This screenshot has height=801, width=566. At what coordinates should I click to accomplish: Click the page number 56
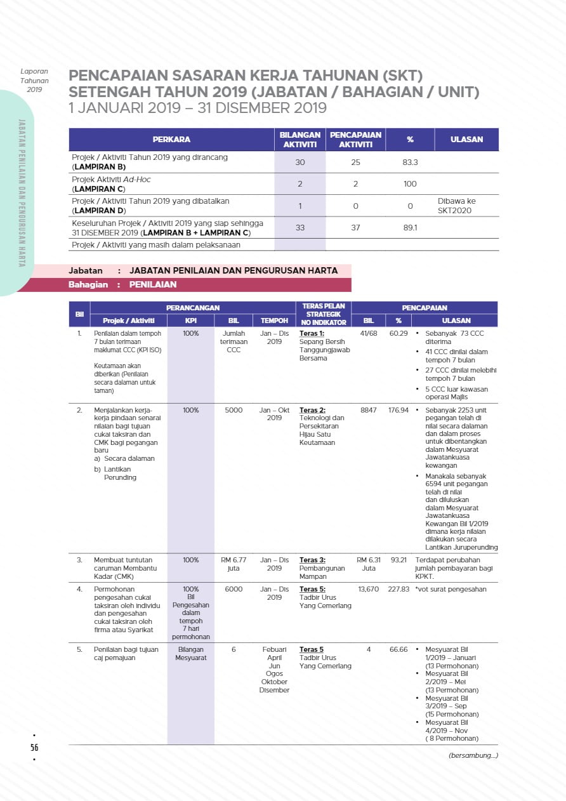34,747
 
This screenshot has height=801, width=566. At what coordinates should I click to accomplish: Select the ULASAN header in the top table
466,140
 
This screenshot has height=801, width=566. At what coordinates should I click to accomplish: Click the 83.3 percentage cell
410,162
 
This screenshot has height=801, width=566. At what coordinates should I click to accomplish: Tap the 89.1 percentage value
410,227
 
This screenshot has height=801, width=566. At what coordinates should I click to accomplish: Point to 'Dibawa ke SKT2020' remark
456,206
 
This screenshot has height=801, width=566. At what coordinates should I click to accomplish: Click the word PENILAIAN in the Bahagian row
153,285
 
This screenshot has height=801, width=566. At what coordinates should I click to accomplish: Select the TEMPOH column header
274,321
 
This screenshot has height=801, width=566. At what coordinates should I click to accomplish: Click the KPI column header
190,321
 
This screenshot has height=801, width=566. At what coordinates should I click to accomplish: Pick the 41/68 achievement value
368,333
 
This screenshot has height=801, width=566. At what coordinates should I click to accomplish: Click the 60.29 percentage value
398,333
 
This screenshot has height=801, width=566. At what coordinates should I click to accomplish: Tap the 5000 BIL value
234,410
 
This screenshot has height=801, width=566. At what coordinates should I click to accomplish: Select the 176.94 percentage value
398,410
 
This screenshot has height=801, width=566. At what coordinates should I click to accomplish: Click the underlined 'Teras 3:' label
312,560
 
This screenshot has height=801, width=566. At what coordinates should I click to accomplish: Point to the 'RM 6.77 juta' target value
234,564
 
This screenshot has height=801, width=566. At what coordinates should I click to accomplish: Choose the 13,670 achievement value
368,589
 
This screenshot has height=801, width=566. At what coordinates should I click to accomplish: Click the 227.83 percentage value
398,589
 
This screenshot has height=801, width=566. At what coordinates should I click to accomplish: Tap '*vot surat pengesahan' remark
451,589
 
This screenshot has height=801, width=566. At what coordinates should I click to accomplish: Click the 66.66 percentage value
398,649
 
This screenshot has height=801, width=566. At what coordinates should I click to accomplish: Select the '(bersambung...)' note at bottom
473,755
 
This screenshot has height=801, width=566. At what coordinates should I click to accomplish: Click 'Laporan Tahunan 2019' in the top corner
34,81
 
